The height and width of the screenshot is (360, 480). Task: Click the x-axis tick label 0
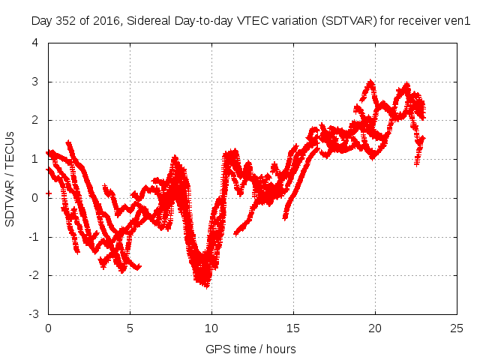[x=48, y=328]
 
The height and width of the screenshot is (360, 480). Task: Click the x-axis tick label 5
[x=130, y=328]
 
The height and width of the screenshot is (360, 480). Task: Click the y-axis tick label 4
[x=35, y=43]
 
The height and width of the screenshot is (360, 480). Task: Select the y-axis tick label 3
[x=35, y=82]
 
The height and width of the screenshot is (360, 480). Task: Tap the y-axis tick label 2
[x=35, y=120]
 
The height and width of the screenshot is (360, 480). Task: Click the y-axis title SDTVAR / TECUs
[x=10, y=178]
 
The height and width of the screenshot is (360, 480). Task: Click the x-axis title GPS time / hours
[x=251, y=349]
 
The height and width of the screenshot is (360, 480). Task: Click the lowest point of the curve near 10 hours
[x=205, y=285]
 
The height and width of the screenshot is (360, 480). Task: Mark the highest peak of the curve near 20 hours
[x=370, y=82]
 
